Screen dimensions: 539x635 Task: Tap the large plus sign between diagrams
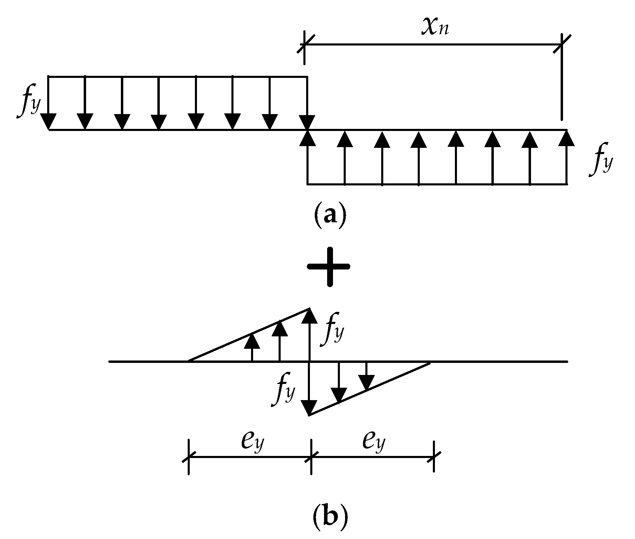(x=330, y=266)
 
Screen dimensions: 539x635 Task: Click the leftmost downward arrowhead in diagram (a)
(x=48, y=122)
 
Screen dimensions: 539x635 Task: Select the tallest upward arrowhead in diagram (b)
(x=310, y=315)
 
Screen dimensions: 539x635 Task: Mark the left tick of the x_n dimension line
(x=304, y=44)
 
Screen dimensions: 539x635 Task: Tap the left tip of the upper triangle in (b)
(x=189, y=361)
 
